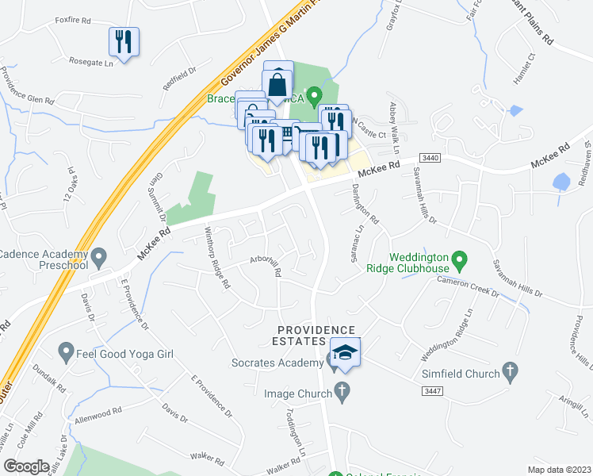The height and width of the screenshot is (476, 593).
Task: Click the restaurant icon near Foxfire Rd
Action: point(124,41)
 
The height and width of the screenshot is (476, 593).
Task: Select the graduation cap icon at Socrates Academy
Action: point(346,351)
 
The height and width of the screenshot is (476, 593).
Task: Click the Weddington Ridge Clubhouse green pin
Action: point(457,259)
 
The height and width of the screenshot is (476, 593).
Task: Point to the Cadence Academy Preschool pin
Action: point(99,256)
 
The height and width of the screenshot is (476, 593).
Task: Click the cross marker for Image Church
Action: point(342,390)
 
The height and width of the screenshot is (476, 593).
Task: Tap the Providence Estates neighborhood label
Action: point(316,335)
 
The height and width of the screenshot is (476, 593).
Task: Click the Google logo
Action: point(27,466)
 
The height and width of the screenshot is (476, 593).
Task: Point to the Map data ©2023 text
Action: point(559,470)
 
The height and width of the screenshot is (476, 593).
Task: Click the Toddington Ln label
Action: point(295,433)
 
